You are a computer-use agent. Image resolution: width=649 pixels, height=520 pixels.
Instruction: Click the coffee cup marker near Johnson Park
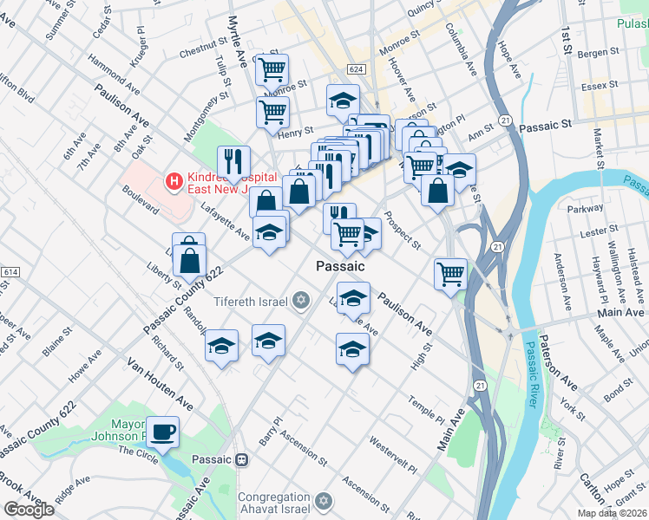tap(162, 430)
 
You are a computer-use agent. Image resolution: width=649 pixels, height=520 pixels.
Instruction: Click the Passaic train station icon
tap(244, 459)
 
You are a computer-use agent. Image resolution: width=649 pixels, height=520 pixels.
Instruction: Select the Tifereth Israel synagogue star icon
tap(301, 301)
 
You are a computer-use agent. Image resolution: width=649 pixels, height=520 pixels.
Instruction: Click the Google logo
tap(28, 510)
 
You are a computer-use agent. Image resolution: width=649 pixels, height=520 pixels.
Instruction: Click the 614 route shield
tap(10, 272)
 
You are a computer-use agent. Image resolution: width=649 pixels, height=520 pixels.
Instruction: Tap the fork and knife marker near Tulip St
tap(233, 160)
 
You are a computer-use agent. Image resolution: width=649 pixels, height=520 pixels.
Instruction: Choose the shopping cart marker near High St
tap(450, 274)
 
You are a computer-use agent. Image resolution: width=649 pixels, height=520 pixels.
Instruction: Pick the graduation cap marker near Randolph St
tap(222, 346)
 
